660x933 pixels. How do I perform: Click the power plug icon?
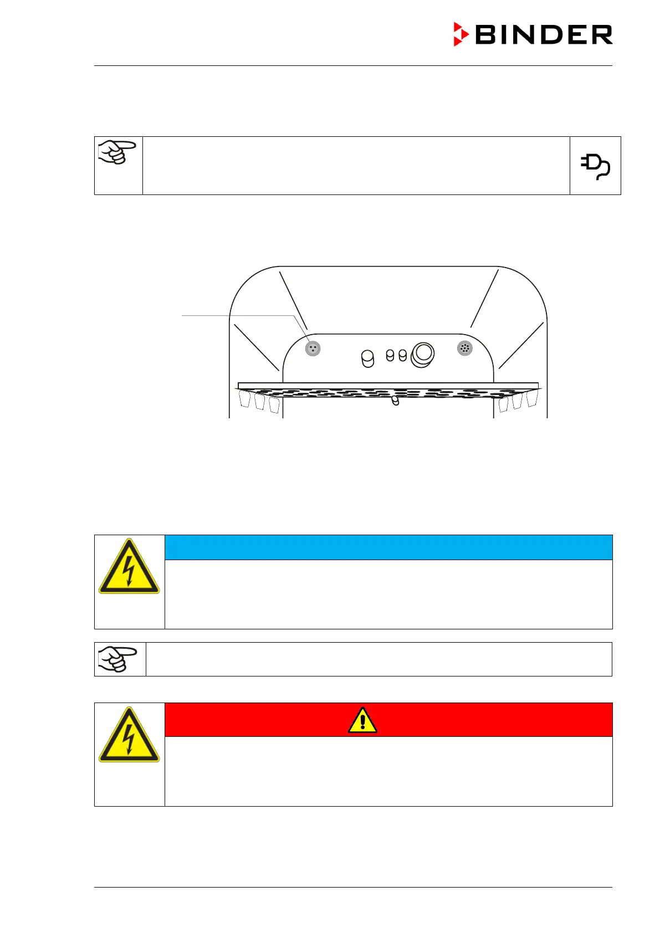[595, 166]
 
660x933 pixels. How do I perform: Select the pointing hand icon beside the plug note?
[117, 152]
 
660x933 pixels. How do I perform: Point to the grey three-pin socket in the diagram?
[313, 348]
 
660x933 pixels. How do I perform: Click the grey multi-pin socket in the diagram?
[464, 348]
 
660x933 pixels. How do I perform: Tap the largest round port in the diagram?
[423, 353]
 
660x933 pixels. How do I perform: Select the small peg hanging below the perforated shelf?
[395, 400]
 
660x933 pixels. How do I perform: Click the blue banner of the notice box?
[388, 547]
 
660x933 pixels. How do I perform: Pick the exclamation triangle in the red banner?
[362, 720]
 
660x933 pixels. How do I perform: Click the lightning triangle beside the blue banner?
[129, 567]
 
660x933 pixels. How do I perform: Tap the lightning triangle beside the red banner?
[129, 736]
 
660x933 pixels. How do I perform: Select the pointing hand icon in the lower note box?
[117, 659]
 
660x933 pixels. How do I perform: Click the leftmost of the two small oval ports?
[390, 355]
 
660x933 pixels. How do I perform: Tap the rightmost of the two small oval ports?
[403, 355]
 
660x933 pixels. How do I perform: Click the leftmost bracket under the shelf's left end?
[245, 398]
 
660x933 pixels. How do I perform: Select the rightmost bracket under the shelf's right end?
[531, 398]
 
